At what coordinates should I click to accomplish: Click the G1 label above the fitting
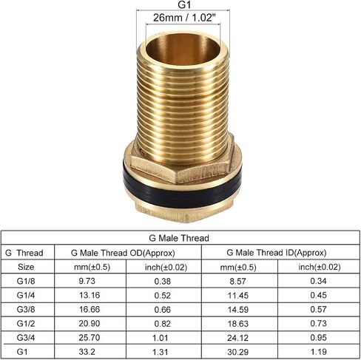tap(184, 4)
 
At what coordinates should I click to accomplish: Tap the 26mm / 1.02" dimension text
tap(184, 18)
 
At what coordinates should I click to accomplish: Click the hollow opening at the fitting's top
tap(183, 49)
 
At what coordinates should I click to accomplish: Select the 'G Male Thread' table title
tap(179, 238)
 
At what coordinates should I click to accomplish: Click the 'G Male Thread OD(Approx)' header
tap(123, 253)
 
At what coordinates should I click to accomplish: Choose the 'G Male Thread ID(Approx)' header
tap(277, 253)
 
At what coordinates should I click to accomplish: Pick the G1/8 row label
tap(26, 281)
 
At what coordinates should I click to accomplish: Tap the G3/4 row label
tap(26, 338)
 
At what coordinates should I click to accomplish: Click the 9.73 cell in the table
tap(87, 281)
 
